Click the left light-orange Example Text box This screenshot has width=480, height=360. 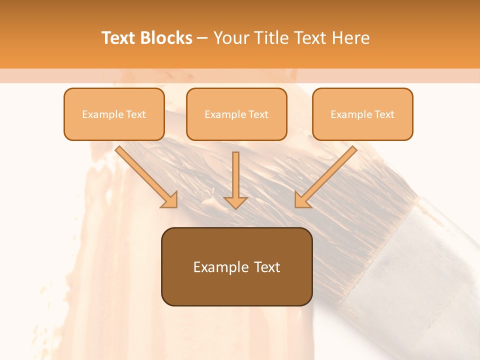coord(114,114)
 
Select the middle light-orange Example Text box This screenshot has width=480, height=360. coord(236,114)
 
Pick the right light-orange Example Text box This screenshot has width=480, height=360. coord(362,114)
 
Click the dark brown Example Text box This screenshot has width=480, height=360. coord(236,267)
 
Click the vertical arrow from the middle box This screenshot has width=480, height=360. coord(236,177)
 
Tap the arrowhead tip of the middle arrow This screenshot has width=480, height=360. coord(236,207)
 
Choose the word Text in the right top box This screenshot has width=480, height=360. coord(384,114)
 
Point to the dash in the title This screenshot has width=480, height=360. coord(202,38)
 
